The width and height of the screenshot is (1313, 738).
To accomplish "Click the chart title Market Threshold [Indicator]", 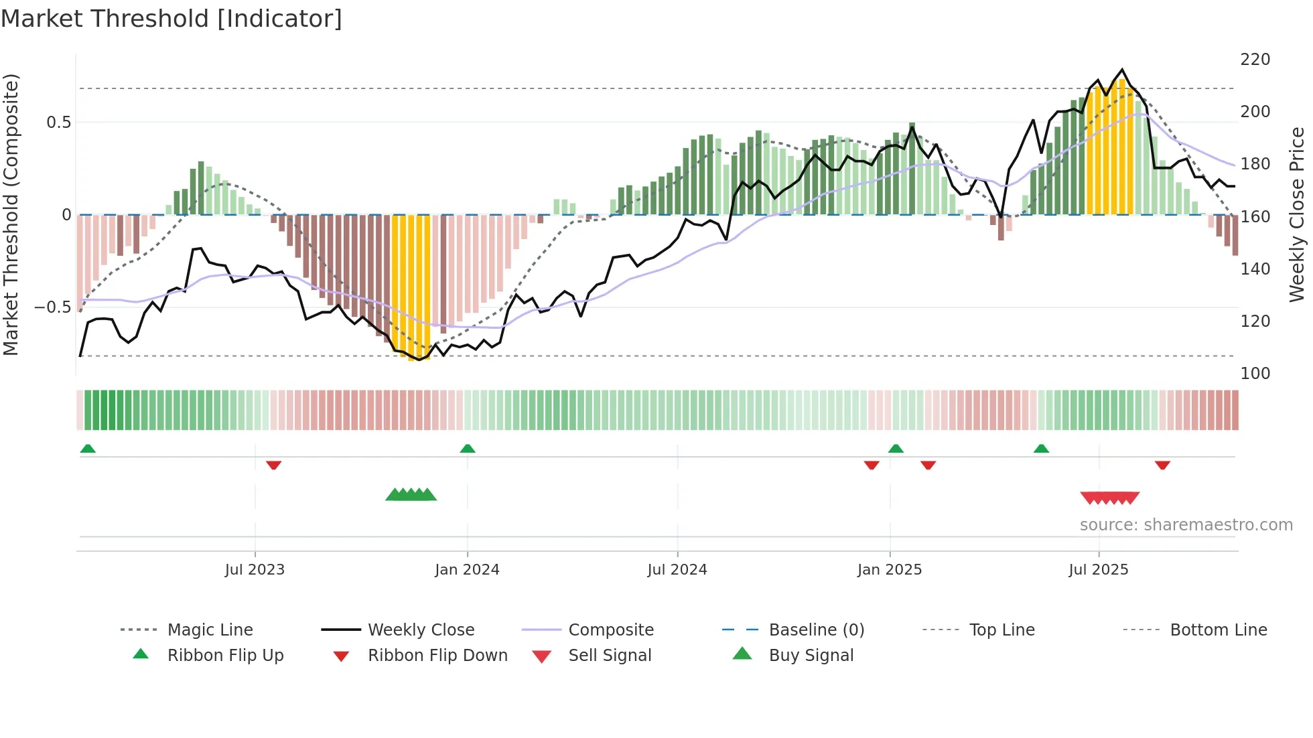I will pyautogui.click(x=171, y=19).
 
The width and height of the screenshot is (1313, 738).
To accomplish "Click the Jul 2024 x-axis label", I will pyautogui.click(x=677, y=570).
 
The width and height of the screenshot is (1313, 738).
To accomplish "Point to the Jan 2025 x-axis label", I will pyautogui.click(x=889, y=570).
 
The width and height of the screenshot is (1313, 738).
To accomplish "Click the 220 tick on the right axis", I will pyautogui.click(x=1255, y=60).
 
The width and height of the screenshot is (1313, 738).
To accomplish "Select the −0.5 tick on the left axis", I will pyautogui.click(x=52, y=307).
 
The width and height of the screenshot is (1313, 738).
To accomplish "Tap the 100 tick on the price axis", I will pyautogui.click(x=1255, y=374).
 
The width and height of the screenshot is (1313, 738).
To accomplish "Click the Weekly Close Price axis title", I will pyautogui.click(x=1297, y=214).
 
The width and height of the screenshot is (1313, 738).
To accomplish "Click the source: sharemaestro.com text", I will pyautogui.click(x=1186, y=525).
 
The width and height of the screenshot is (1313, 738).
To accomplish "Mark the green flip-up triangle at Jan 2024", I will pyautogui.click(x=468, y=449).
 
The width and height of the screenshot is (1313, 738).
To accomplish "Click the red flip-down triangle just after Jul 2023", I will pyautogui.click(x=273, y=465).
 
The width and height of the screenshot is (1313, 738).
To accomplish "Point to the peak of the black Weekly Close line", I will pyautogui.click(x=1123, y=70).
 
